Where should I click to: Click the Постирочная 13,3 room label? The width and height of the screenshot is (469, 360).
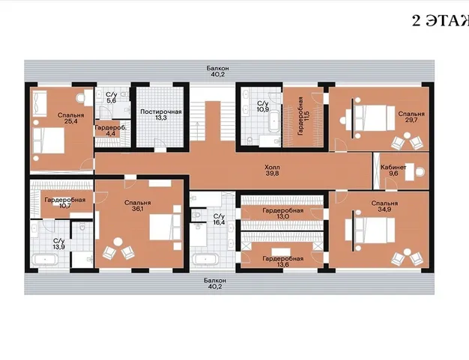click(161, 115)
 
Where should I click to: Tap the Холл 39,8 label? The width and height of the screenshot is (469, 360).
click(272, 170)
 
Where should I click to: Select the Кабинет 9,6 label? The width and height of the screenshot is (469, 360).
click(393, 170)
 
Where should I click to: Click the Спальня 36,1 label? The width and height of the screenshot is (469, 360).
click(138, 206)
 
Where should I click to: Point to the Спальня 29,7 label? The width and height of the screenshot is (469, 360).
click(411, 117)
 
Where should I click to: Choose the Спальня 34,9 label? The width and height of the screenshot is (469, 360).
click(384, 206)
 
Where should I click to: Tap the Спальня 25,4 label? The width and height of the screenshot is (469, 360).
click(71, 118)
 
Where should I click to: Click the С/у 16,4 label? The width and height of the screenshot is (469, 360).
click(219, 219)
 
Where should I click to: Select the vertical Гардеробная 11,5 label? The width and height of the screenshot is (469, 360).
click(303, 116)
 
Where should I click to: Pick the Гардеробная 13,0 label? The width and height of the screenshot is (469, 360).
click(283, 213)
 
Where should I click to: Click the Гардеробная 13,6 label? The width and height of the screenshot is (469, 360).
click(283, 261)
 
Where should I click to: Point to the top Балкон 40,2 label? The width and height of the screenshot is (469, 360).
click(218, 71)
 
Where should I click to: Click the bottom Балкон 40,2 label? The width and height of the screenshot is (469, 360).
click(215, 284)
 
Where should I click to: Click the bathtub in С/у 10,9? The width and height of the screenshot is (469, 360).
click(273, 121)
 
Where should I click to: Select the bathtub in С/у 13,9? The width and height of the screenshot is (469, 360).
click(45, 259)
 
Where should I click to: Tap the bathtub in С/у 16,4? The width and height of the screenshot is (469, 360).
click(205, 259)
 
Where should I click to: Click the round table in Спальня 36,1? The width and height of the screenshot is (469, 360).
click(118, 242)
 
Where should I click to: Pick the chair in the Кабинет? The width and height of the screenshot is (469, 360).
click(420, 172)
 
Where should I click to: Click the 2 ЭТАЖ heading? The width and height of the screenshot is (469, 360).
click(441, 21)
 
